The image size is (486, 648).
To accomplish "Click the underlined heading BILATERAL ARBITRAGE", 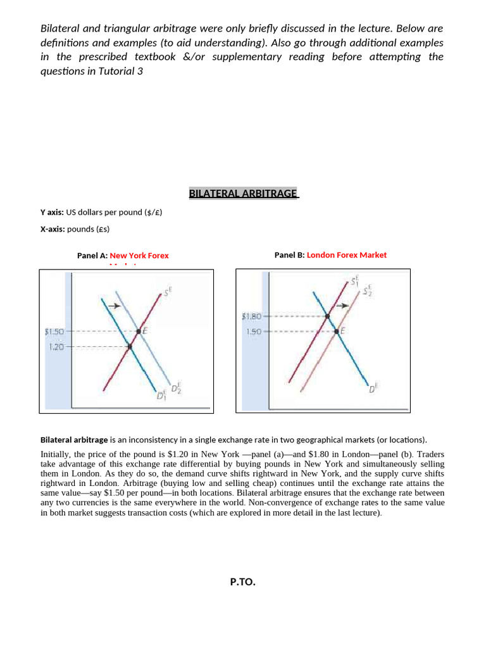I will [x=243, y=194].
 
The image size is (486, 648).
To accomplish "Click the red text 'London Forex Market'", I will [x=347, y=255].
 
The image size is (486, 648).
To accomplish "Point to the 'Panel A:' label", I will [x=92, y=256].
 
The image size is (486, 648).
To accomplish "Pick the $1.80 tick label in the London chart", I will [x=251, y=316].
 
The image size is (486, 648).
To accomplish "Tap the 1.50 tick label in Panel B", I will [x=254, y=331].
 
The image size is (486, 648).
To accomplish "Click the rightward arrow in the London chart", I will [x=342, y=306].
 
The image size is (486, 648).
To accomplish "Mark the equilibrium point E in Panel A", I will [x=139, y=331].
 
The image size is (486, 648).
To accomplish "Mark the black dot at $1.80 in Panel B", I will [x=327, y=316].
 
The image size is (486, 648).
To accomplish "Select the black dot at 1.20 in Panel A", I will [x=129, y=346].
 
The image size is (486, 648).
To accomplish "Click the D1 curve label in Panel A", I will [x=161, y=396].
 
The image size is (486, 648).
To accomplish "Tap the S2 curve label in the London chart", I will [x=368, y=290].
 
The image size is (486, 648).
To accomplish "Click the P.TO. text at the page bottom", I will [x=243, y=582].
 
